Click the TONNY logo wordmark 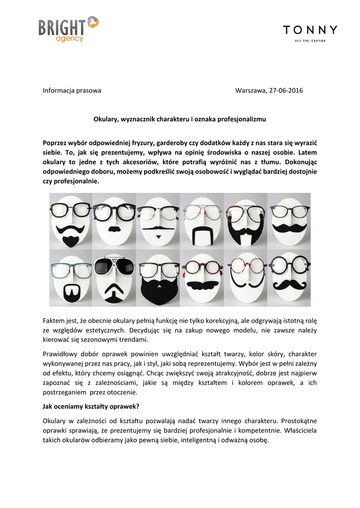(310, 30)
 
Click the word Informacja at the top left (58, 91)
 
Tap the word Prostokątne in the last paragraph (299, 421)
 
